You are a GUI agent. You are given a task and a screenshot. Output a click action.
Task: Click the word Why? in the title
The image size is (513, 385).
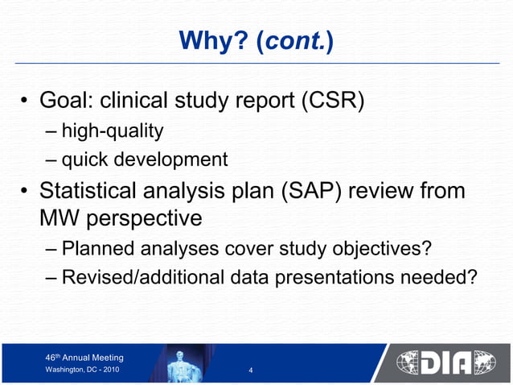click(207, 39)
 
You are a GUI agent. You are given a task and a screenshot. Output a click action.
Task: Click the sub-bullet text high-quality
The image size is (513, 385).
click(113, 130)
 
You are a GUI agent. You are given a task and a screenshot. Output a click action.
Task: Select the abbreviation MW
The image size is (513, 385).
click(58, 217)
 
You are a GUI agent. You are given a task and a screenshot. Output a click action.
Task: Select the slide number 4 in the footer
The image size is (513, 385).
click(252, 371)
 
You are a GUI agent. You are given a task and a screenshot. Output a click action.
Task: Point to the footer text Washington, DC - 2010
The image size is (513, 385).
click(82, 370)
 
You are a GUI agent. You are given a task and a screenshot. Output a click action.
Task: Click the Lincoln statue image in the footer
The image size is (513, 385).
click(188, 365)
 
